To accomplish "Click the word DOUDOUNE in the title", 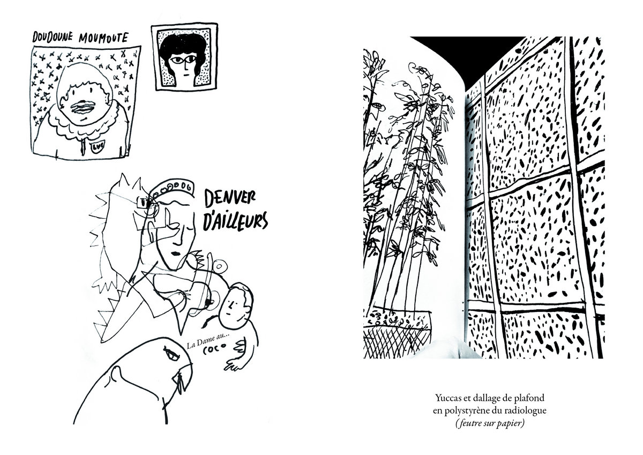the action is coord(53,37).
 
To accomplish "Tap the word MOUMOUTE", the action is coord(103,38).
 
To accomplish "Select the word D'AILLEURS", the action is coord(235,221).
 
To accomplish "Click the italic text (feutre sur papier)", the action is coord(490,424).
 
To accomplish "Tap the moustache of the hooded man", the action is coord(81,107).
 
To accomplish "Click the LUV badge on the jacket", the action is coord(97,146).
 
